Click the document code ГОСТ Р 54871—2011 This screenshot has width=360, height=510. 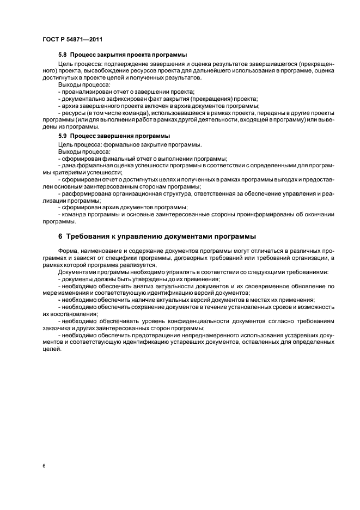point(72,40)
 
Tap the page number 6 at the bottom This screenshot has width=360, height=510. point(44,467)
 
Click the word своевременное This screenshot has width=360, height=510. point(254,286)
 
